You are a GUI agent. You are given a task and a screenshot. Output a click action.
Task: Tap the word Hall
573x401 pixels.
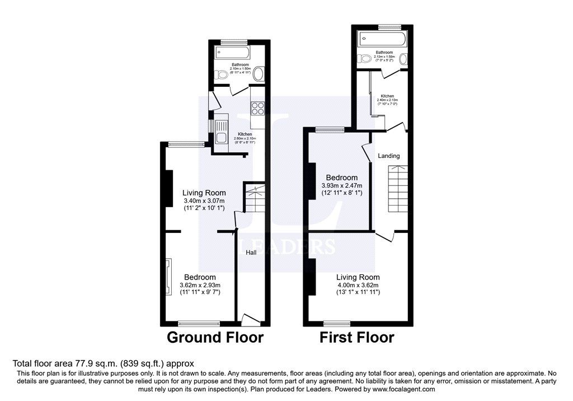(251, 253)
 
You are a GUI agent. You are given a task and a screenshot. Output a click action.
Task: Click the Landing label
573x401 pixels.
(388, 156)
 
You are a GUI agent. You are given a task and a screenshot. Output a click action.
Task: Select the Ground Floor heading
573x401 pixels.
(215, 338)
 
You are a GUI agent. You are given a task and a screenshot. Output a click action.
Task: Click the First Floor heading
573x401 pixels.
(356, 338)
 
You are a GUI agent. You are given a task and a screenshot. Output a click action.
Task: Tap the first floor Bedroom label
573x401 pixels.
(341, 178)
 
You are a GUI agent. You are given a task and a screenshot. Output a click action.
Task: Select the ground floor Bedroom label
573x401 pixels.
(200, 277)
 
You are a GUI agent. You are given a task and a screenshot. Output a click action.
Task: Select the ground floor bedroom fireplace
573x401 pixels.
(167, 277)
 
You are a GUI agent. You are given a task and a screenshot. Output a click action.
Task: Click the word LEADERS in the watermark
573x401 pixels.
(287, 246)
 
